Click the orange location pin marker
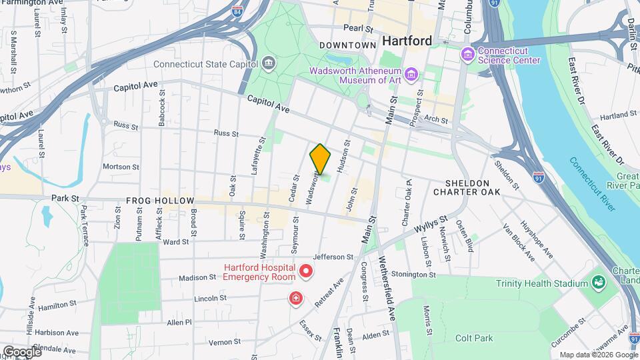point(320,159)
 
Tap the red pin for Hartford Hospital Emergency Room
point(306,271)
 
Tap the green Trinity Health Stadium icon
point(598,283)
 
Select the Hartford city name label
point(407,41)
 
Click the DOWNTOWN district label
point(348,45)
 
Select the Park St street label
point(65,198)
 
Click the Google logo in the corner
point(22,351)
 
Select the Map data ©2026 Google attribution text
point(597,355)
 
